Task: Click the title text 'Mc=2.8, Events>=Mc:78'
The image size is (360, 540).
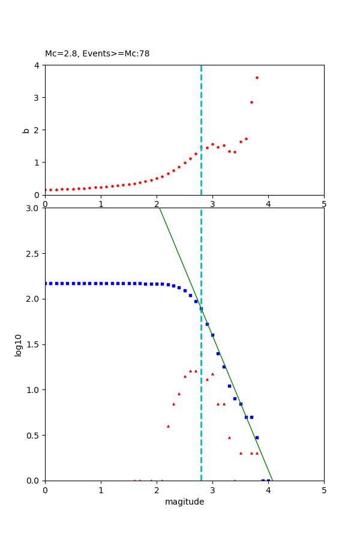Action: click(x=97, y=53)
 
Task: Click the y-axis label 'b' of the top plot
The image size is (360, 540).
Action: click(x=26, y=130)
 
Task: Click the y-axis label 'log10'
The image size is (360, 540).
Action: click(x=19, y=344)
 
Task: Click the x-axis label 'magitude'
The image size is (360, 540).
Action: click(x=184, y=502)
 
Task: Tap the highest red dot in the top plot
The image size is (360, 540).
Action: click(x=257, y=77)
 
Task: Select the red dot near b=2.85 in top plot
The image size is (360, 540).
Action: click(x=251, y=102)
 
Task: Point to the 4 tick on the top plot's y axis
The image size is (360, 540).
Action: click(x=38, y=65)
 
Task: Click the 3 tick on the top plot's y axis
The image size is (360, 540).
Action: click(x=38, y=97)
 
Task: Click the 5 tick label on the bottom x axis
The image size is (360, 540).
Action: click(x=324, y=490)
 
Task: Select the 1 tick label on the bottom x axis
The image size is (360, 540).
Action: click(x=101, y=490)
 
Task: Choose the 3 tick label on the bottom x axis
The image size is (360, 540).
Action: click(x=212, y=490)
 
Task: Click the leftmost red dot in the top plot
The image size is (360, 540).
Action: click(x=46, y=190)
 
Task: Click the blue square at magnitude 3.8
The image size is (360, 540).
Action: click(x=257, y=437)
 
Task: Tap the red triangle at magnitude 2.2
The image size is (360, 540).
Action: click(x=168, y=426)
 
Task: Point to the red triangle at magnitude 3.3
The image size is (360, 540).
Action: click(x=229, y=437)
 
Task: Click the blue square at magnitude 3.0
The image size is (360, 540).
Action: click(x=212, y=335)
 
